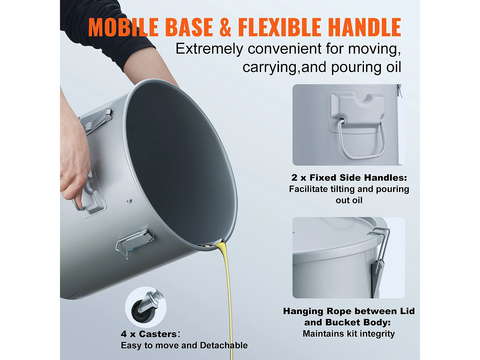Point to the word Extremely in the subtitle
click(x=209, y=49)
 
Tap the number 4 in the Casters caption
click(x=124, y=334)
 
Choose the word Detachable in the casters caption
click(x=224, y=346)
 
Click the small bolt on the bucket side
click(x=129, y=200)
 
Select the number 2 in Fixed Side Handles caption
click(x=294, y=178)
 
